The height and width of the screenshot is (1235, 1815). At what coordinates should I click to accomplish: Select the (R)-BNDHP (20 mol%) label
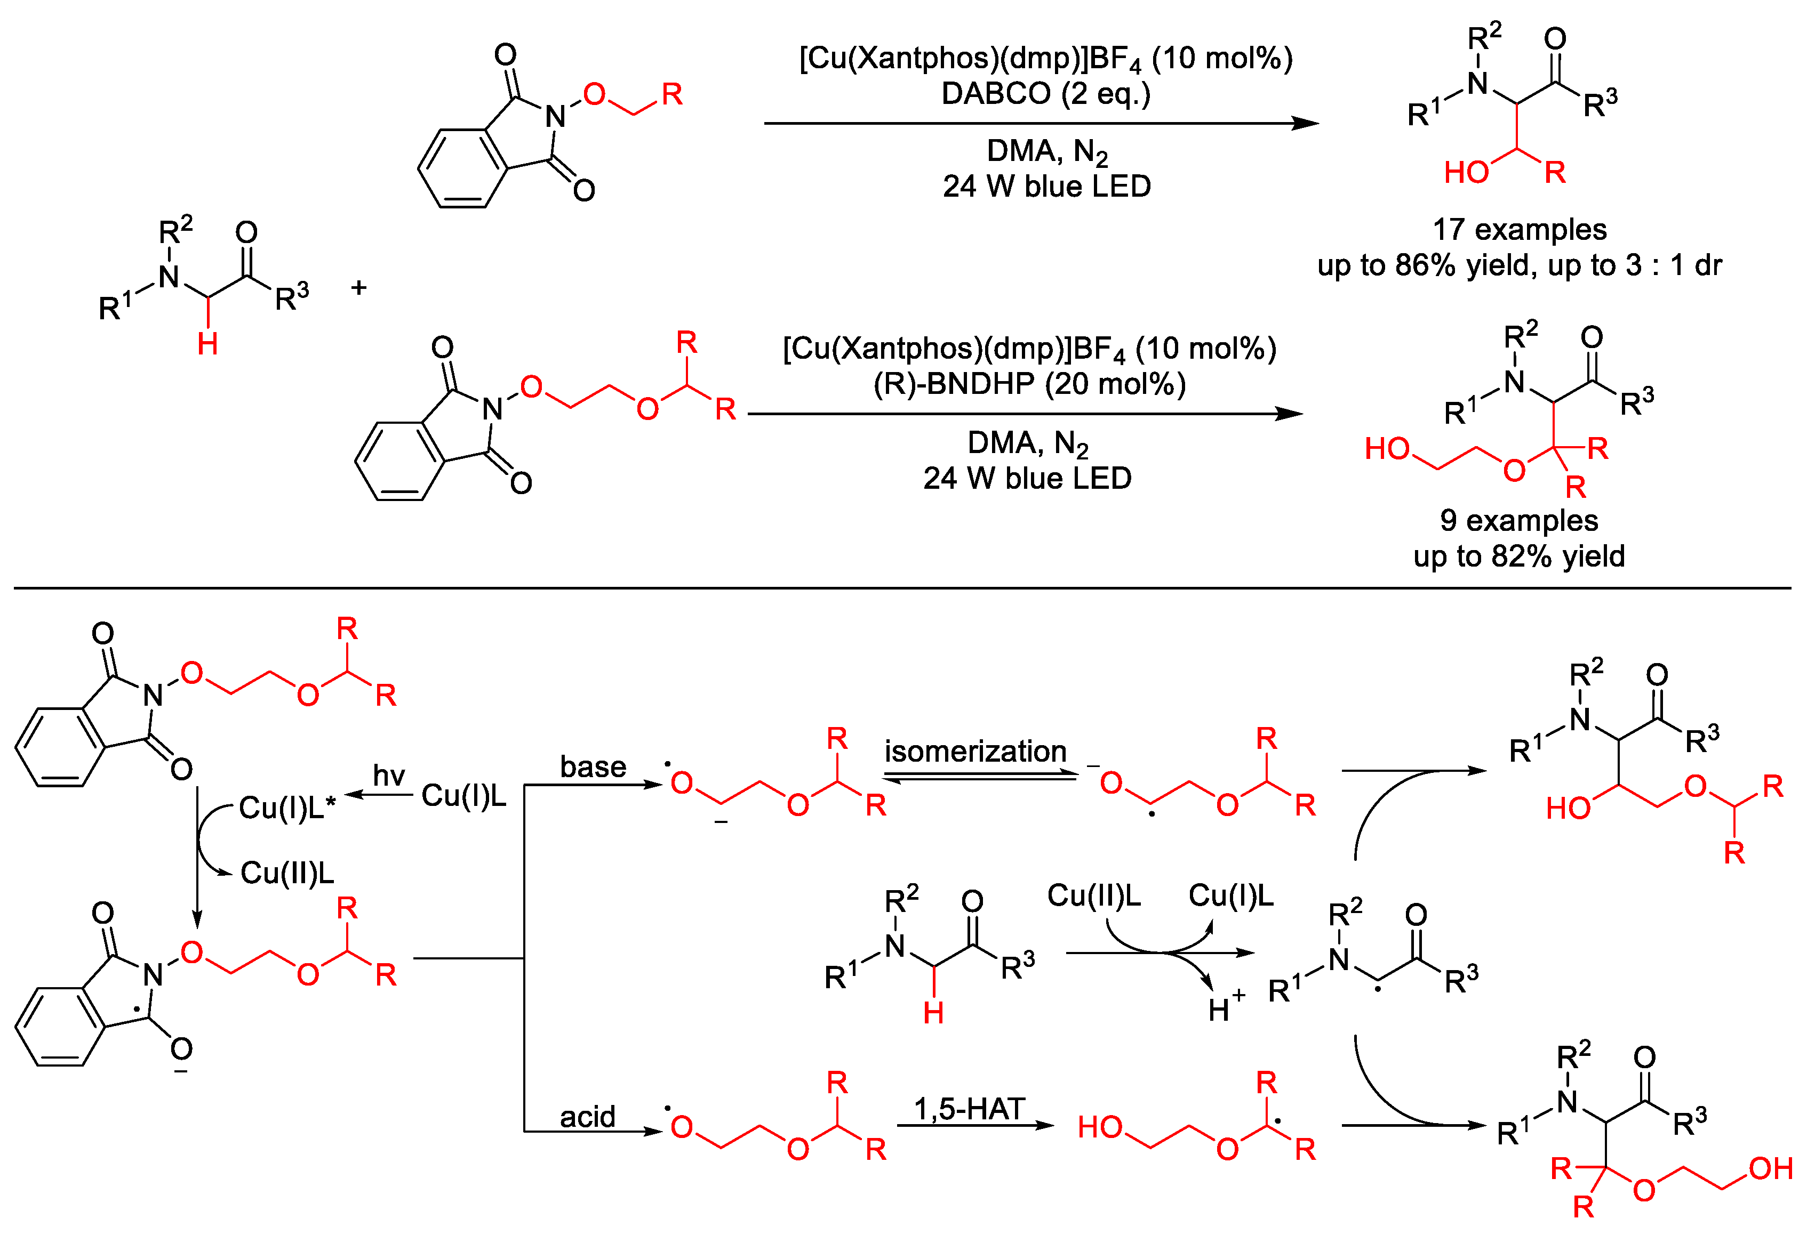(x=1029, y=384)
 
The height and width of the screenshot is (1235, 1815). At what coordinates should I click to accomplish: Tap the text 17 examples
(x=1519, y=230)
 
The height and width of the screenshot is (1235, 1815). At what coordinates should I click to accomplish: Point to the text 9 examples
(x=1519, y=521)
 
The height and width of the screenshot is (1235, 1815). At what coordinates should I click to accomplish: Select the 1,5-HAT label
(x=969, y=1109)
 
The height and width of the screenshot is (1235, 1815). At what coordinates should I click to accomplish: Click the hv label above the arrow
(x=389, y=776)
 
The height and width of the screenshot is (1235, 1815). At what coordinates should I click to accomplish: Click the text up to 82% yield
(x=1519, y=556)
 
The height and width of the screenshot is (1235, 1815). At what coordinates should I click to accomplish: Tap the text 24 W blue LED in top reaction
(x=1046, y=187)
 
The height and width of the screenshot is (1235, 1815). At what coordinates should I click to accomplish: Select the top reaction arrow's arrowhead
(x=1306, y=123)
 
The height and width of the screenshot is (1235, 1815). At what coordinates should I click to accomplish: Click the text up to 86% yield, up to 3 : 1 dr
(x=1519, y=265)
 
